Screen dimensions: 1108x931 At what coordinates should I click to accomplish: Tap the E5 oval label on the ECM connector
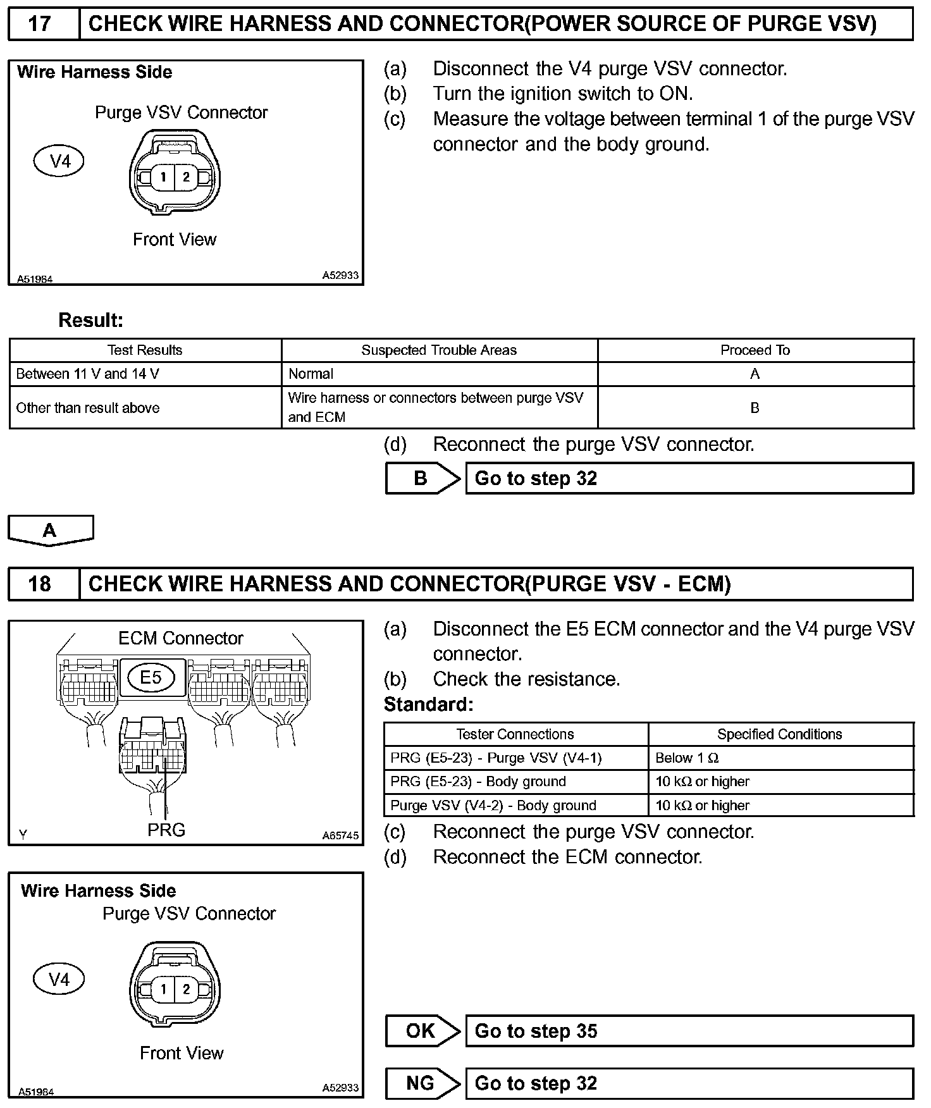pos(151,678)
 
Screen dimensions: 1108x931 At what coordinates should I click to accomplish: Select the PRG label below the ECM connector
pos(166,829)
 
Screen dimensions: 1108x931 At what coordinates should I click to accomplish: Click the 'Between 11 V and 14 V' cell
pos(87,374)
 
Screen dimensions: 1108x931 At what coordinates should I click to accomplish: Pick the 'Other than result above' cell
pos(87,408)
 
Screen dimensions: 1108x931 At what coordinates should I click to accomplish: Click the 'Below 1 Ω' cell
pos(687,758)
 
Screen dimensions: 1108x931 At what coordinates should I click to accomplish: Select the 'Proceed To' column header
pos(755,350)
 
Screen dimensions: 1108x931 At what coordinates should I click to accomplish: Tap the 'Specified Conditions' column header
pos(779,734)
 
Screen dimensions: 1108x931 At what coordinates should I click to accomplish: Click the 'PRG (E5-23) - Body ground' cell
pos(478,782)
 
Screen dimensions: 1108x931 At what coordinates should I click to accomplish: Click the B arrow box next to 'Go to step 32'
pos(422,479)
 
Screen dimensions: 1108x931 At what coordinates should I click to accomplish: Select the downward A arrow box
pos(50,530)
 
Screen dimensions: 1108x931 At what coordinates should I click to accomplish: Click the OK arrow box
pos(422,1031)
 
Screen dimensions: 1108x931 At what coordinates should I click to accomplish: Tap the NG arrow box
pos(422,1083)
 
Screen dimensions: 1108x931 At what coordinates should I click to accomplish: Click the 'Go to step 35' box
pos(689,1031)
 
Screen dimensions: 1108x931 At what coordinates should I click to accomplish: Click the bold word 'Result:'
pos(90,320)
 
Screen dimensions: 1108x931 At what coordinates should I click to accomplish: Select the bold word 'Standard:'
pos(428,705)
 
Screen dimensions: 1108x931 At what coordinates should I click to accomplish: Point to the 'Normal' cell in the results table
pos(311,374)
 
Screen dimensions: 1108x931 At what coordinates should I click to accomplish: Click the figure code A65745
pos(340,835)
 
